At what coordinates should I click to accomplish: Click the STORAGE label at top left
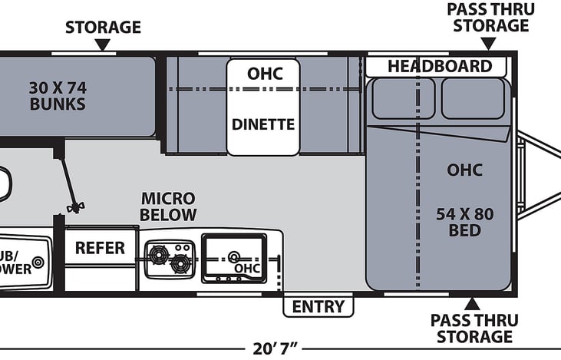click(x=103, y=28)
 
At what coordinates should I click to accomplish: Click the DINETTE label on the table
click(x=263, y=124)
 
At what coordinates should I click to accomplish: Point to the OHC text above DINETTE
click(x=263, y=74)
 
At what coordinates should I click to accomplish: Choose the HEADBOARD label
click(x=439, y=66)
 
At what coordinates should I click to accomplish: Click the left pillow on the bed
click(x=403, y=98)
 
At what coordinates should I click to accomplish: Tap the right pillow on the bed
click(x=472, y=98)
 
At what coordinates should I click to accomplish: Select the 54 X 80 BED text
click(x=464, y=222)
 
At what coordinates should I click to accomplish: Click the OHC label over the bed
click(x=464, y=170)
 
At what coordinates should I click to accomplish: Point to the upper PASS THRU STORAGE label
click(x=490, y=17)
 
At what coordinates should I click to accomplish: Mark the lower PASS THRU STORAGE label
click(x=471, y=329)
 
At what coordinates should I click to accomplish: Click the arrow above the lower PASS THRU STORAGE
click(x=471, y=304)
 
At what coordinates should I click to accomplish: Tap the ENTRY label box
click(x=318, y=307)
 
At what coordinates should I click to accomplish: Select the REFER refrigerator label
click(x=100, y=248)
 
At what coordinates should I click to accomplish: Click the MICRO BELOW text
click(x=168, y=206)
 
